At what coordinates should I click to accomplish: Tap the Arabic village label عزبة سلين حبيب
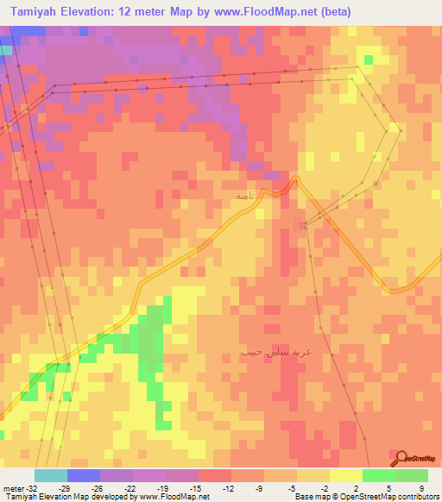[x=275, y=353]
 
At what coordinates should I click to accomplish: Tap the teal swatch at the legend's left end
[x=51, y=475]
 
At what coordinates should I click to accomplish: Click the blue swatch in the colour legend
[x=84, y=475]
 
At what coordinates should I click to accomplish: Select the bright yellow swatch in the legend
[x=345, y=475]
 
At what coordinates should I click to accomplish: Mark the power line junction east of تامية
[x=304, y=226]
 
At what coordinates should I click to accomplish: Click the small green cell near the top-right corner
[x=369, y=60]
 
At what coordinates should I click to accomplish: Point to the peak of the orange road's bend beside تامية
[x=294, y=179]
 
